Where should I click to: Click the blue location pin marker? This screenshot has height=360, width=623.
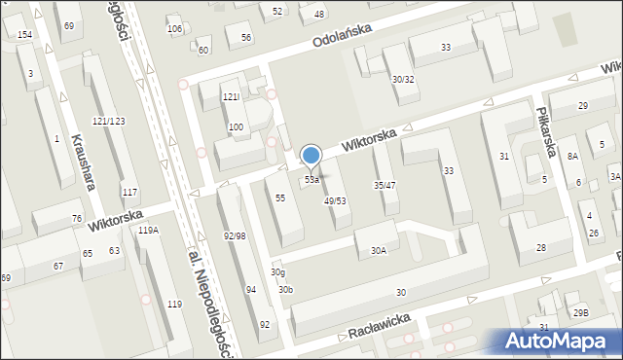point(311,156)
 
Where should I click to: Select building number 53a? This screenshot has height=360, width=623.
point(311,180)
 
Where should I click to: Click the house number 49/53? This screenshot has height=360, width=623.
point(335,200)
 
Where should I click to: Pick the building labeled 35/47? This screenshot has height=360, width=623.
point(385,185)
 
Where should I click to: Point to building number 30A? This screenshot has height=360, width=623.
point(378,251)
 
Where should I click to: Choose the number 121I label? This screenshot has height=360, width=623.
point(231,97)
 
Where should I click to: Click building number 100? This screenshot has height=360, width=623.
point(236,127)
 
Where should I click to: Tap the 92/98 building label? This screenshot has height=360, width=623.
point(234,236)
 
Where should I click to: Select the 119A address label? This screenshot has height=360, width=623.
point(148,231)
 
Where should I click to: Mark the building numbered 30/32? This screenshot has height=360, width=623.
point(403,79)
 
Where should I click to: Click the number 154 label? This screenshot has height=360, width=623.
point(24,35)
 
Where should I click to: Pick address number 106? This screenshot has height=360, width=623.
point(175,29)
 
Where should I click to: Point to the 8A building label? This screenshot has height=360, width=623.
point(573,156)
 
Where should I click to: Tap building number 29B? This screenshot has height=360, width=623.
point(581,312)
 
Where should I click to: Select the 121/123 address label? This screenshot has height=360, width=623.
point(108,121)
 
